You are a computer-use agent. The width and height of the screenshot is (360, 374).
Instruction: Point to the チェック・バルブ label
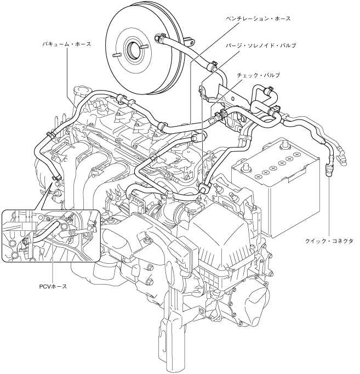[257, 73]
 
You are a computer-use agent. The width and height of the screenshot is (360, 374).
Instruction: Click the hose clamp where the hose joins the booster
[159, 39]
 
